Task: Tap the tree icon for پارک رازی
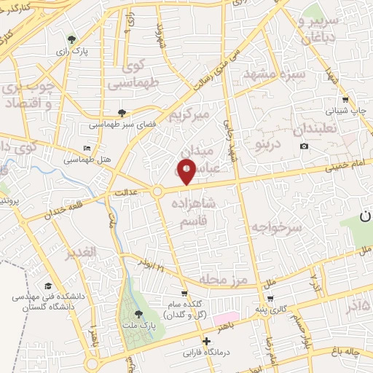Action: click(x=71, y=39)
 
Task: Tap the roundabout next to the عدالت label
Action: click(x=157, y=192)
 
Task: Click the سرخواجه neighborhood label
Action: click(x=276, y=228)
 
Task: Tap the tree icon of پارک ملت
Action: click(x=139, y=314)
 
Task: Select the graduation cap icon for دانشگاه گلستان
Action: click(x=48, y=286)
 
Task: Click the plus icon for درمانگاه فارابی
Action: click(x=207, y=341)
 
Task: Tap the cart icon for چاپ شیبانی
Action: click(x=345, y=100)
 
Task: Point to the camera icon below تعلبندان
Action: click(x=304, y=146)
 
